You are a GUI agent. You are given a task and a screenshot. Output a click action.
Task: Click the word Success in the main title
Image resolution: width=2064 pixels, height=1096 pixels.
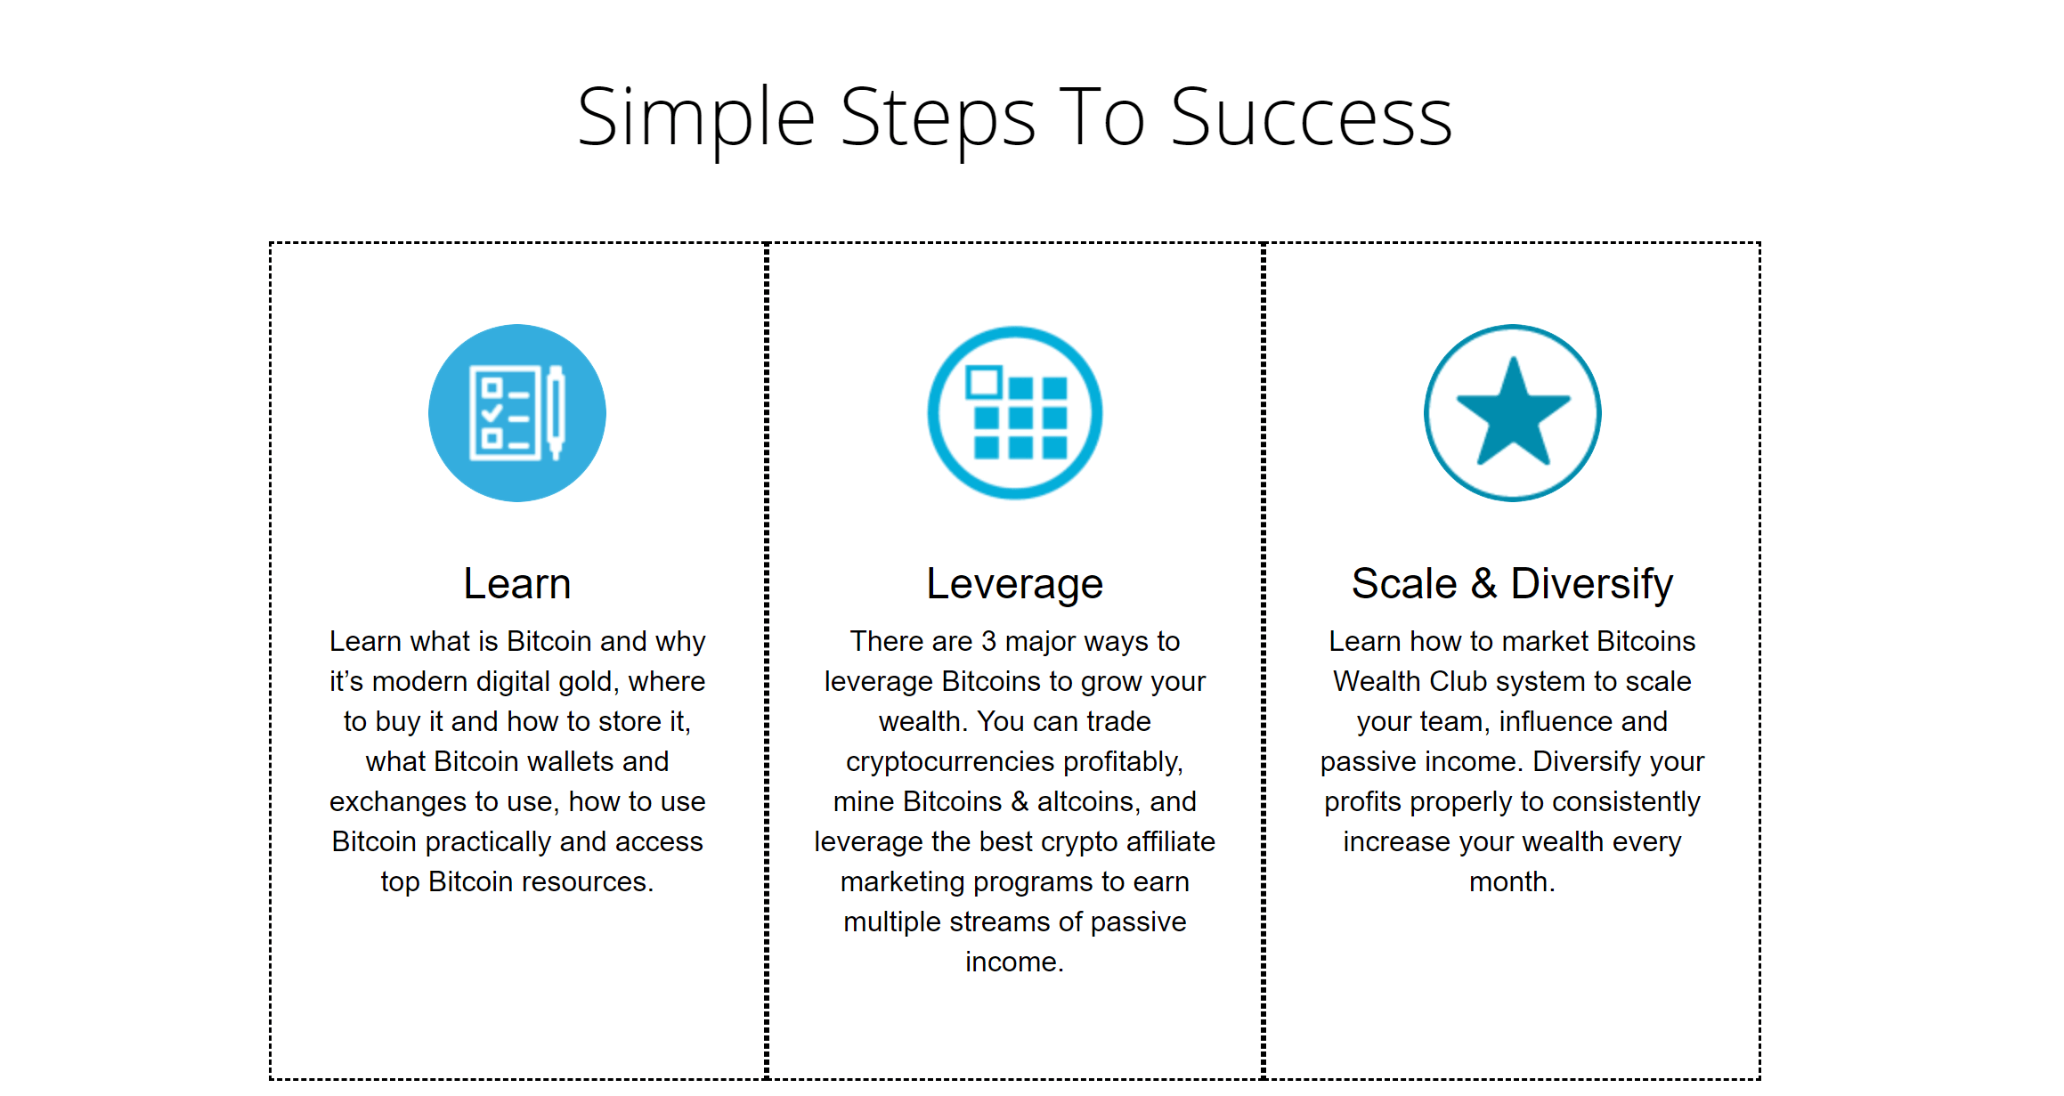1311,118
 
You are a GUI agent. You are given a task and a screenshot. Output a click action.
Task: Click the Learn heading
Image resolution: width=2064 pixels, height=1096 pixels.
517,584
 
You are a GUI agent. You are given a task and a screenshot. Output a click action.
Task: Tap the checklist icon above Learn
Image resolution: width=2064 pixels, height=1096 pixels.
517,413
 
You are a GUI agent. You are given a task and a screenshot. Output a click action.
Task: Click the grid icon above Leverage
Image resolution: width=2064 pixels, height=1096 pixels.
1015,413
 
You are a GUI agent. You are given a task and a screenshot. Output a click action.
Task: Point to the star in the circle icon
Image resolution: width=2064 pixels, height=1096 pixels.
1513,411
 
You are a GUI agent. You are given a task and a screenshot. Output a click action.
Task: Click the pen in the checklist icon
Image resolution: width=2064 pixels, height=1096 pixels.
556,412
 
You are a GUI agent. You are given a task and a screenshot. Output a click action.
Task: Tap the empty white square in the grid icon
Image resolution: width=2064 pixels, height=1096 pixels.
984,383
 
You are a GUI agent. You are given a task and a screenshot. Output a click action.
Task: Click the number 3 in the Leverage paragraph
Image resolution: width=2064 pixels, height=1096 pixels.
988,642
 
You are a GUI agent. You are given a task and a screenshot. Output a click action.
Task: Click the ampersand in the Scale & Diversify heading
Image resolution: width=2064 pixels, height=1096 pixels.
1483,584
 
